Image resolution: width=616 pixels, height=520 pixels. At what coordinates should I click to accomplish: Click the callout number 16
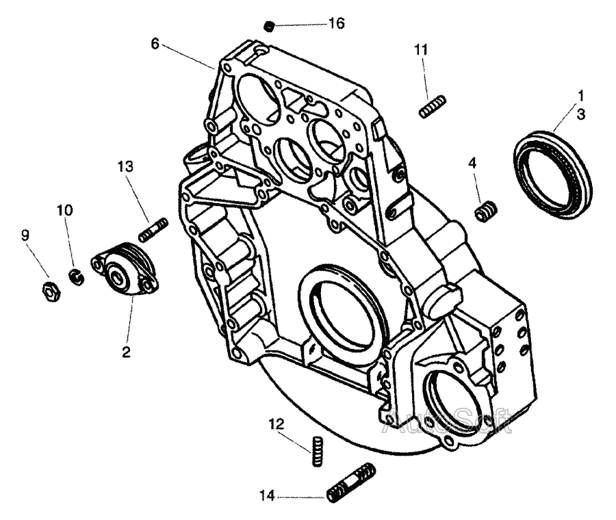(337, 23)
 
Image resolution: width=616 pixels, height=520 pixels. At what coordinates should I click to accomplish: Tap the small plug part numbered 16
(269, 26)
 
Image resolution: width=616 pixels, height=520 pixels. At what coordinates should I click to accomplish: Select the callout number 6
(155, 44)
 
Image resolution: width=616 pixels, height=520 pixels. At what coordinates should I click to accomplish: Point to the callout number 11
(421, 49)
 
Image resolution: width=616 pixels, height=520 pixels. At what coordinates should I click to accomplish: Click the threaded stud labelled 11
(432, 107)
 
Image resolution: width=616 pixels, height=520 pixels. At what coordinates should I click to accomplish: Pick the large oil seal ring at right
(552, 175)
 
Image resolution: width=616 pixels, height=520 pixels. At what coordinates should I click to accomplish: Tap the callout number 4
(472, 163)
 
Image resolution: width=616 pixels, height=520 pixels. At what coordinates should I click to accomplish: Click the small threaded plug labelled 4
(486, 211)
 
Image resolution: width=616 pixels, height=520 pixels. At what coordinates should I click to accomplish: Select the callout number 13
(126, 166)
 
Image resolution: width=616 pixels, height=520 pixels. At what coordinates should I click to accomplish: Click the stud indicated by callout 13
(153, 230)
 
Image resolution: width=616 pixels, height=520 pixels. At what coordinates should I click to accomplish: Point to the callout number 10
(65, 210)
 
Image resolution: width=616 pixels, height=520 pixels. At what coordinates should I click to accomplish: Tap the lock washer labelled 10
(77, 277)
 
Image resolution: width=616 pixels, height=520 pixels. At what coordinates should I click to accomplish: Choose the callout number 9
(25, 235)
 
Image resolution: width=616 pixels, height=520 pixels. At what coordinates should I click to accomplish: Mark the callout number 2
(126, 352)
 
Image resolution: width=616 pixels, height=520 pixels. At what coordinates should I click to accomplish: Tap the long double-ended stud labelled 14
(351, 482)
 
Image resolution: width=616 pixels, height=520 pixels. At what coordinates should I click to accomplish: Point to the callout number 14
(267, 496)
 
